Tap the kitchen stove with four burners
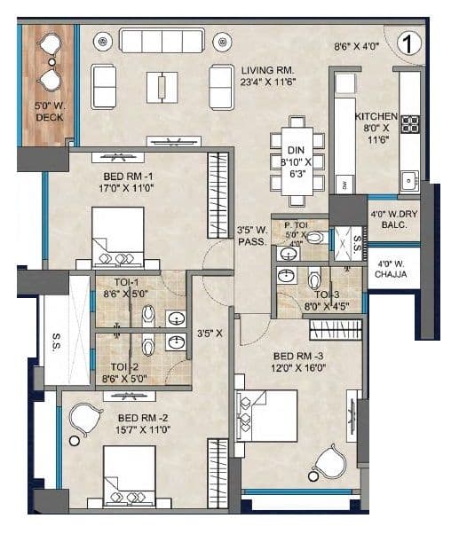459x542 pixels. click(410, 124)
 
